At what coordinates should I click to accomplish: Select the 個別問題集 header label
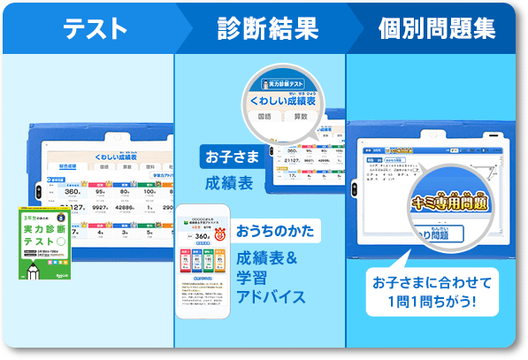coord(436,29)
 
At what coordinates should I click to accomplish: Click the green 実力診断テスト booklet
coord(45,241)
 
